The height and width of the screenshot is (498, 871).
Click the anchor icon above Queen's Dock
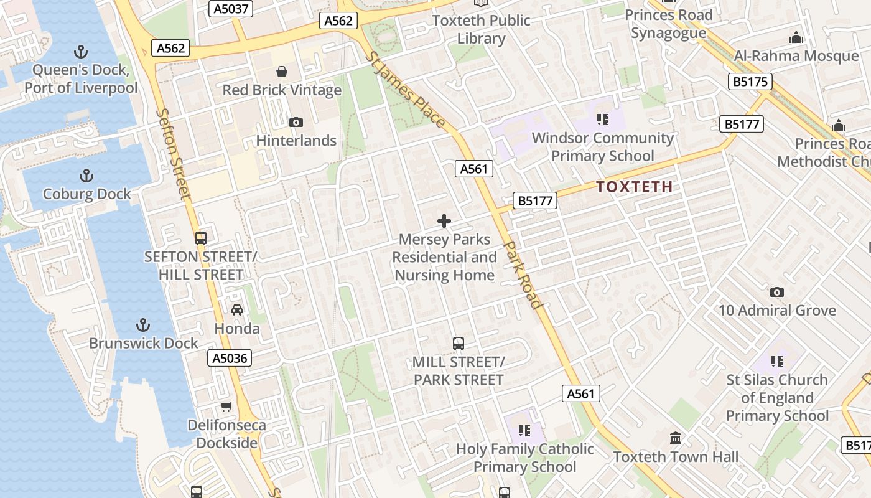tap(81, 52)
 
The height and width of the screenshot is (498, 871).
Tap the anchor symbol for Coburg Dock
tap(86, 176)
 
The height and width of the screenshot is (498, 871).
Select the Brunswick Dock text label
tap(143, 343)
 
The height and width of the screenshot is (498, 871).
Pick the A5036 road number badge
tap(229, 358)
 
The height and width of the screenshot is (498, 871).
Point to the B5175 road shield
tap(750, 82)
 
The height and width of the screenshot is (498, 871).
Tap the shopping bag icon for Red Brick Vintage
tap(282, 72)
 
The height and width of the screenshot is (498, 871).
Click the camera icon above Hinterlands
tap(296, 122)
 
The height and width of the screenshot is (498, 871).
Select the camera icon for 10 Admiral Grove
tap(776, 292)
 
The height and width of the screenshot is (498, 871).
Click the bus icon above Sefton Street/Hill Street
tap(200, 238)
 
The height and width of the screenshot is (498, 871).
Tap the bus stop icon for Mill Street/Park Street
tap(458, 343)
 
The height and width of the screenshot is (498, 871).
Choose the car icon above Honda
tap(236, 310)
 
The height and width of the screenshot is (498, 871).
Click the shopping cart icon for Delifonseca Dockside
tap(226, 407)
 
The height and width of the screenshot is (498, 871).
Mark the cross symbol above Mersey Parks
tap(444, 221)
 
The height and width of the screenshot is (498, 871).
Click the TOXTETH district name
tap(634, 187)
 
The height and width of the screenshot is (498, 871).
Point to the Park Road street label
tap(523, 274)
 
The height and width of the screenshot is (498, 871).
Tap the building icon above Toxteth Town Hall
tap(676, 438)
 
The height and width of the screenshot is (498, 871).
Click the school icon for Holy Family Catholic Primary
tap(524, 431)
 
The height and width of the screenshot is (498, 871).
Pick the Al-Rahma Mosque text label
tap(796, 56)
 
